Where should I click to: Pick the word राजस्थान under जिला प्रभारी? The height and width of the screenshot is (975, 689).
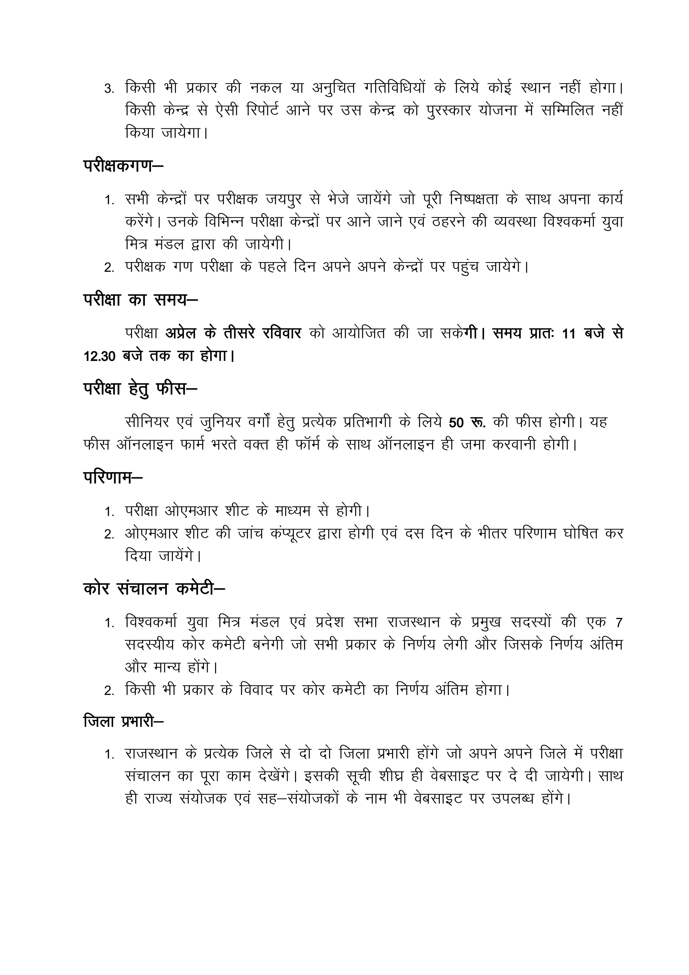click(151, 754)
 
